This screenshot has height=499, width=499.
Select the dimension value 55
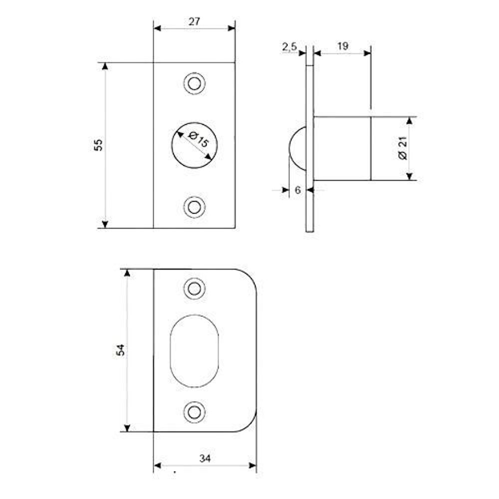coord(98,145)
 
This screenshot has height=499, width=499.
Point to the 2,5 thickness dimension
coord(289,47)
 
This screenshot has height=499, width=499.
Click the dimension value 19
coord(342,46)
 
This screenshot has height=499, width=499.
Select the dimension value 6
coord(298,190)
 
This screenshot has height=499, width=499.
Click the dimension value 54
coord(120,350)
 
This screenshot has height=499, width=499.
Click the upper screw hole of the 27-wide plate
coord(194,83)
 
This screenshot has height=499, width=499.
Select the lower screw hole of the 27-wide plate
coord(194,207)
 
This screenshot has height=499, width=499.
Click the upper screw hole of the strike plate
coord(194,288)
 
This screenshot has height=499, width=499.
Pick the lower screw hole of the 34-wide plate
coord(194,412)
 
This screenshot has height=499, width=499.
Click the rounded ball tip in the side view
coord(298,148)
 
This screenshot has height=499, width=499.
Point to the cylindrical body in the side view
coord(342,148)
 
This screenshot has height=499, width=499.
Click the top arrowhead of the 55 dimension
coord(105,66)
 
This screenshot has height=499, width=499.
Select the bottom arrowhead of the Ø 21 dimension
coord(409,176)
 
